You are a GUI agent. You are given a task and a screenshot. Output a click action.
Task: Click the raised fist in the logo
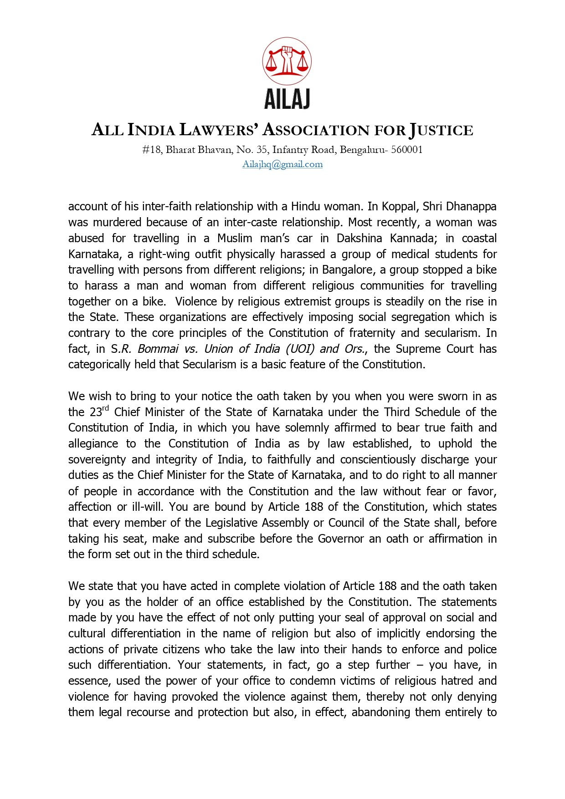coord(287,58)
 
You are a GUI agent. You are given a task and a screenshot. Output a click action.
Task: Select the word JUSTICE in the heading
coord(441,130)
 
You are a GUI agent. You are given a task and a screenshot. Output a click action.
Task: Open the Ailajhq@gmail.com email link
coord(282,164)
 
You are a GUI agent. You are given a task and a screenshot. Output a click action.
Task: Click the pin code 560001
coord(407,150)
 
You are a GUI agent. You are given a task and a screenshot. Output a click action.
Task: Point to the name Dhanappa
coord(471,206)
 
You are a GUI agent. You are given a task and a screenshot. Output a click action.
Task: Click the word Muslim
coord(235,238)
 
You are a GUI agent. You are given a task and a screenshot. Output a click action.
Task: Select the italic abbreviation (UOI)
coord(300,349)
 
